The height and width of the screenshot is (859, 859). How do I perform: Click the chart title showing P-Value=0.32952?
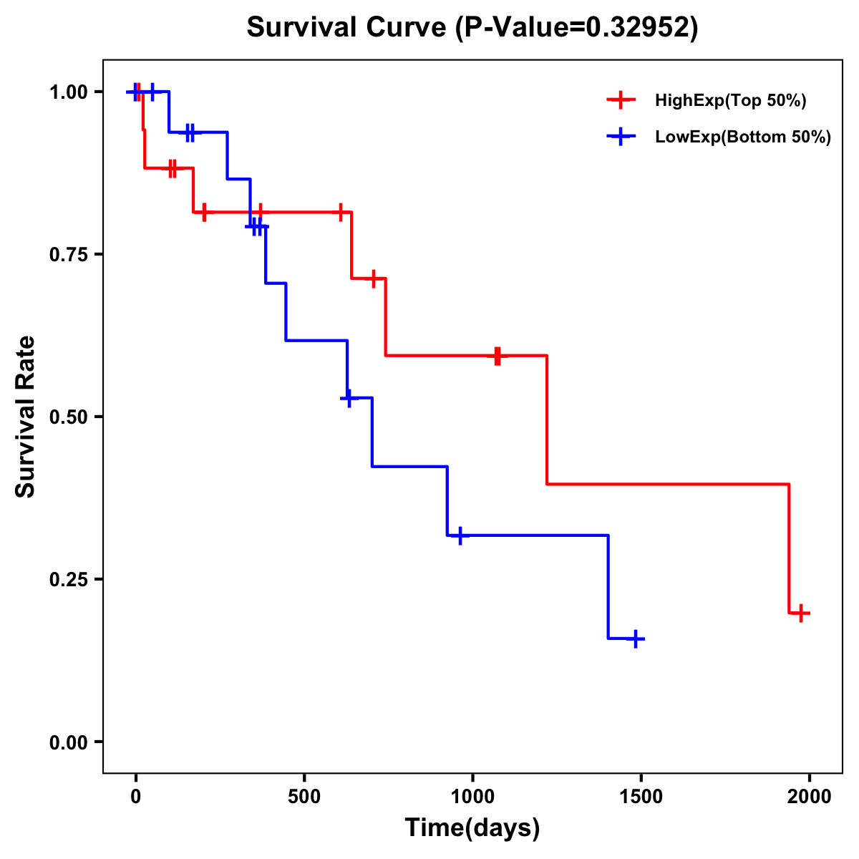pos(472,28)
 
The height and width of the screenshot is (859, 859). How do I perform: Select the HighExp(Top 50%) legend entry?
pos(730,101)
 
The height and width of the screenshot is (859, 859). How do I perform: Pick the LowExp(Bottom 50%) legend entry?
pos(742,137)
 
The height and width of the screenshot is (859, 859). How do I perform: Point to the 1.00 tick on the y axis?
pos(67,92)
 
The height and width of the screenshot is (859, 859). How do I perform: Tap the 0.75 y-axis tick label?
pos(67,255)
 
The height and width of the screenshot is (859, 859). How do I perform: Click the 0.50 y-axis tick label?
pos(67,417)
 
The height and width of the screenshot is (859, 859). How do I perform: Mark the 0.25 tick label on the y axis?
pos(67,580)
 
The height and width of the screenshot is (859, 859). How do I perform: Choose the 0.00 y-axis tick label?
pos(67,742)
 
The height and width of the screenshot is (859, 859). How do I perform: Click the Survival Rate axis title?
pos(26,417)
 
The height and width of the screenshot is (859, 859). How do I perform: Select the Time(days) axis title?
pos(472,828)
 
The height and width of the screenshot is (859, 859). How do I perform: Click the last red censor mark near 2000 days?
pos(802,613)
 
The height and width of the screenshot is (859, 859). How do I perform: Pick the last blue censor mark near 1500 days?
pos(635,639)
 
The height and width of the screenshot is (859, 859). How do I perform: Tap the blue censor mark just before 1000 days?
pos(460,535)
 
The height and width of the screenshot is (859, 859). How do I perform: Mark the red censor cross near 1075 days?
pos(498,355)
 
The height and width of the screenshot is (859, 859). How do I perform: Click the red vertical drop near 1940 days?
pos(789,548)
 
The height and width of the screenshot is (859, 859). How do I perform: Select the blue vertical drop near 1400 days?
pos(608,587)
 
